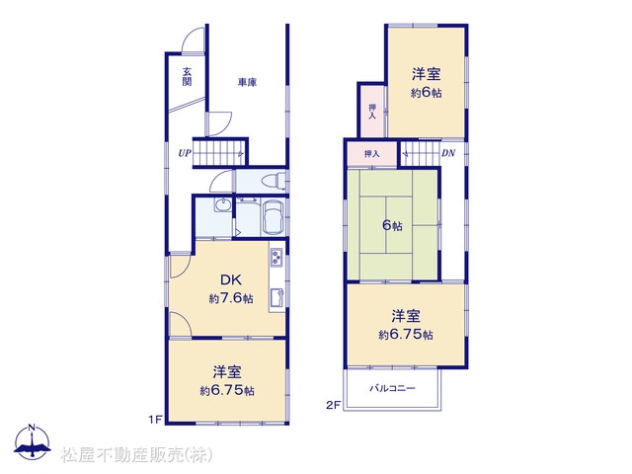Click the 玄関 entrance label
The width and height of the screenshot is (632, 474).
pyautogui.click(x=187, y=77)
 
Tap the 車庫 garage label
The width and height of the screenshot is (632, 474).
pyautogui.click(x=247, y=82)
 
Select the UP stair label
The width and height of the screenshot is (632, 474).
pyautogui.click(x=185, y=153)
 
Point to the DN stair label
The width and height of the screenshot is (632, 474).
pyautogui.click(x=448, y=153)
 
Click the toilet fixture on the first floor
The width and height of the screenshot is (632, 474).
pyautogui.click(x=274, y=181)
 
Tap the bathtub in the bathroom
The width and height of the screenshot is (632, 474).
pyautogui.click(x=274, y=217)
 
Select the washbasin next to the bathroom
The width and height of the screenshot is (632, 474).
pyautogui.click(x=222, y=205)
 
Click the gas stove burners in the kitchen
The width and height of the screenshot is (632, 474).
pyautogui.click(x=276, y=257)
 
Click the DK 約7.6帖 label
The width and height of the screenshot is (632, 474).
pyautogui.click(x=231, y=288)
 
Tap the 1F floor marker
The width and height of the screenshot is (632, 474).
pyautogui.click(x=155, y=420)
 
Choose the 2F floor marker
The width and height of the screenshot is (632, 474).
pyautogui.click(x=334, y=405)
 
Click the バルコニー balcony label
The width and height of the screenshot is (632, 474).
pyautogui.click(x=392, y=388)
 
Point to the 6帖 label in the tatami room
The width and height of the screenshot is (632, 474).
pyautogui.click(x=392, y=225)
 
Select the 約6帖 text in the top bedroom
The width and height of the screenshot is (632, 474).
pyautogui.click(x=426, y=93)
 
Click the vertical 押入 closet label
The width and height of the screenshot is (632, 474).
pyautogui.click(x=372, y=112)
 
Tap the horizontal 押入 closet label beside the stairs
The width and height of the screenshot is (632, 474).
pyautogui.click(x=371, y=154)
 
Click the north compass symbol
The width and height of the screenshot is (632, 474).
pyautogui.click(x=33, y=442)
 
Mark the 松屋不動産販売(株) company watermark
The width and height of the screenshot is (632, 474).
pyautogui.click(x=136, y=455)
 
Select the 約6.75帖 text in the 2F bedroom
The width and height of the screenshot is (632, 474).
pyautogui.click(x=406, y=335)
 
